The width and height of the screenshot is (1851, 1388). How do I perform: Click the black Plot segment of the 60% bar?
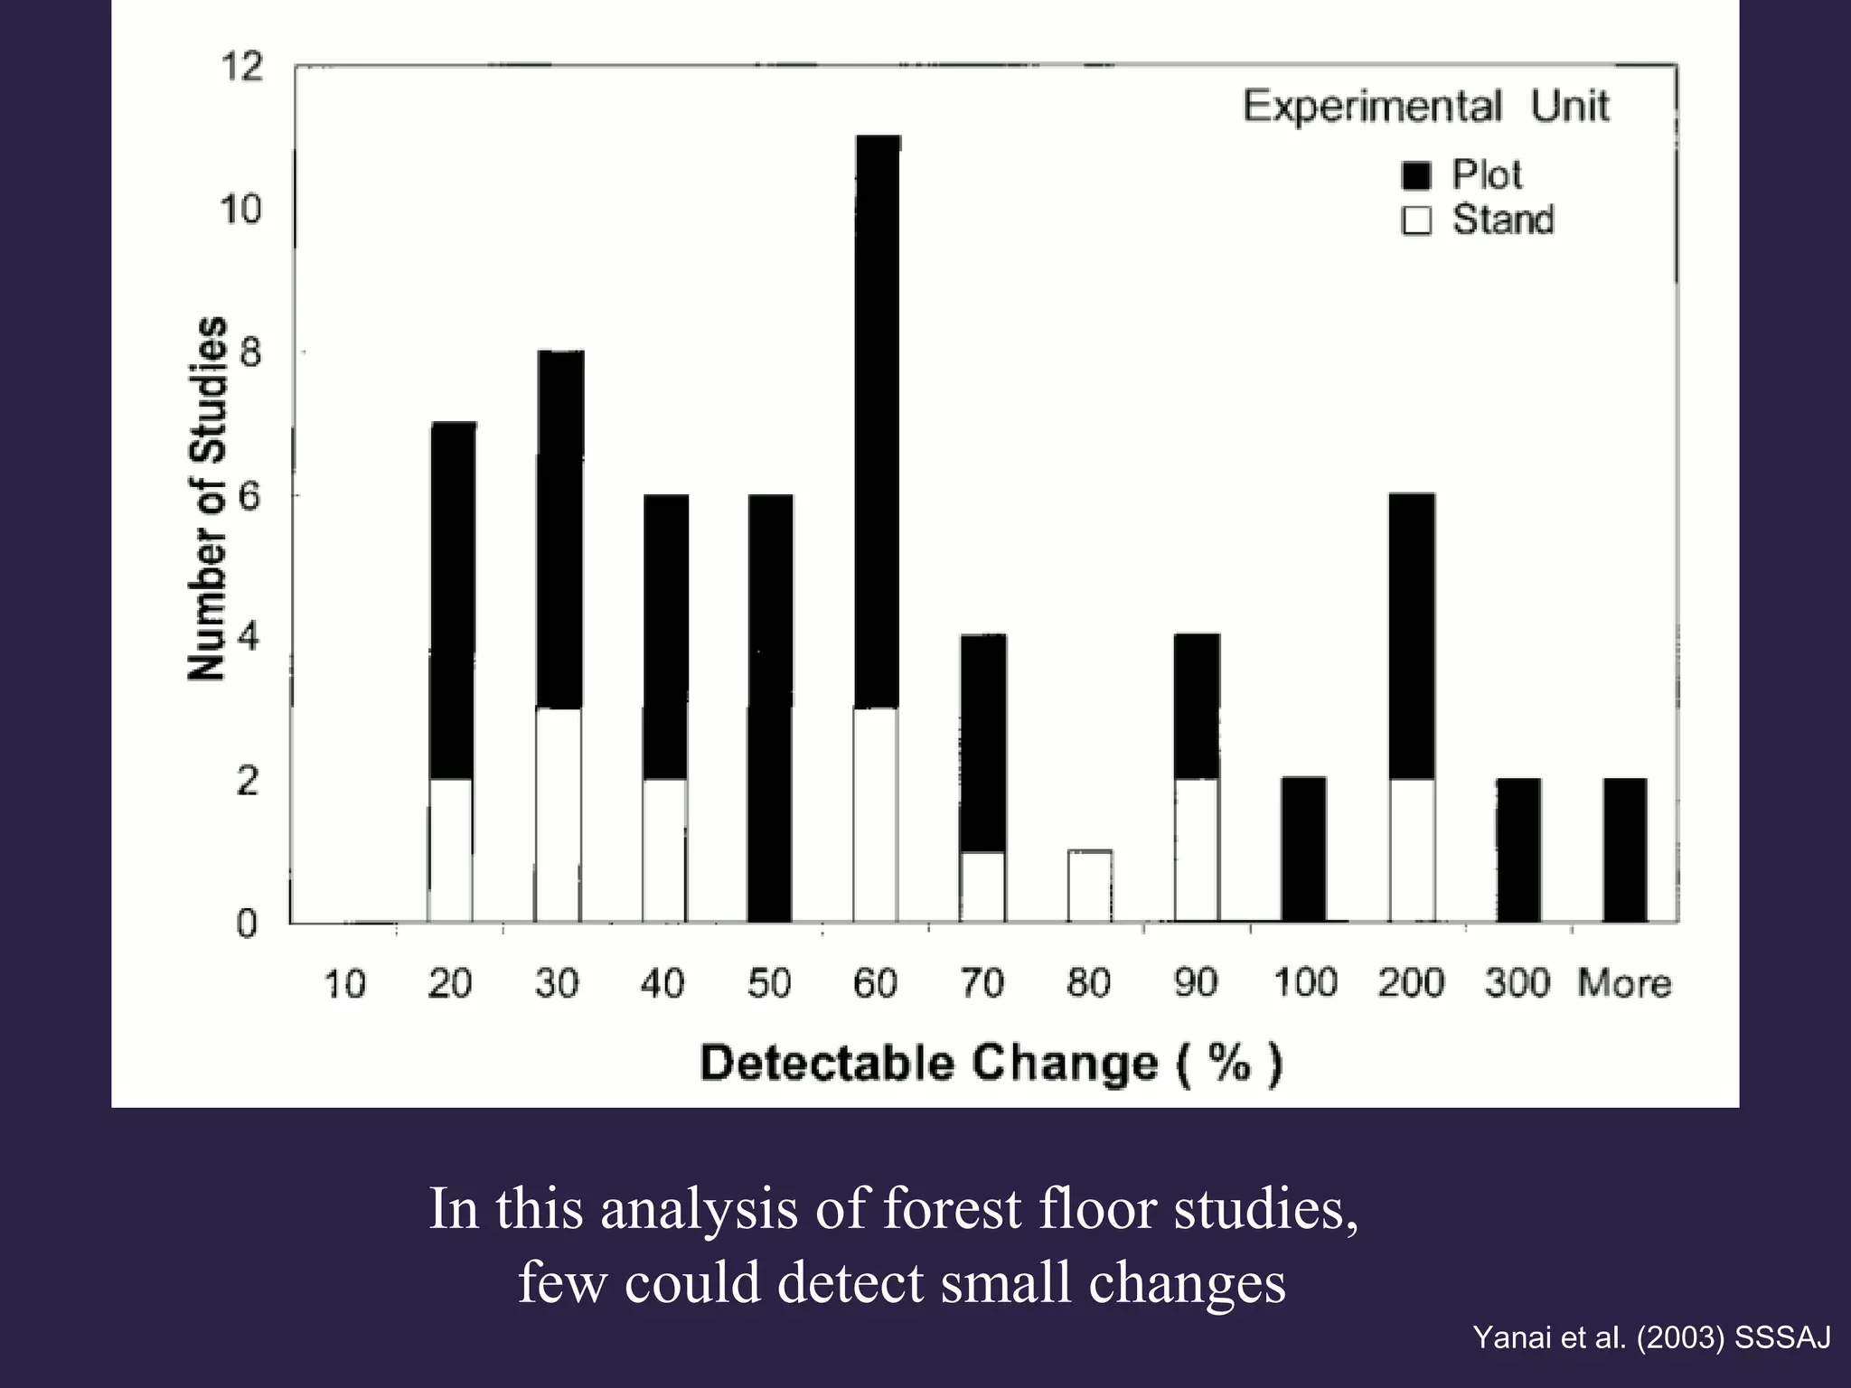(877, 420)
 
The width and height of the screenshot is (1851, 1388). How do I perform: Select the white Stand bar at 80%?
(1089, 886)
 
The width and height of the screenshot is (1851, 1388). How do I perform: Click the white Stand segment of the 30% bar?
(558, 814)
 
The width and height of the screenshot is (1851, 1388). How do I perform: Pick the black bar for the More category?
(1625, 849)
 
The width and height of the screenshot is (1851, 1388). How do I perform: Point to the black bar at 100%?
(1303, 849)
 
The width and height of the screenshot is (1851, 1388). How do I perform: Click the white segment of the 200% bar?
(1412, 849)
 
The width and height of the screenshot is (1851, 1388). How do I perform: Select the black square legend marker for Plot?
(1416, 175)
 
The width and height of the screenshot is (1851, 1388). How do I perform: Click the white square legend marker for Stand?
(1416, 220)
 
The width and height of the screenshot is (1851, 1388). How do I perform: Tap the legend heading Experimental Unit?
(1425, 107)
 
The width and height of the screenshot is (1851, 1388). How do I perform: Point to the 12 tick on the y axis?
(240, 67)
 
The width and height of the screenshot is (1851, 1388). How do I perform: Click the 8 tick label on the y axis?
(249, 352)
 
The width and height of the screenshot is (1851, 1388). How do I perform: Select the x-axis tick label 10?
(344, 983)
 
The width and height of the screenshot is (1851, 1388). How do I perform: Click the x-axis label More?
(1624, 983)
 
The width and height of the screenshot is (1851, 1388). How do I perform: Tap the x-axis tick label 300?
(1517, 983)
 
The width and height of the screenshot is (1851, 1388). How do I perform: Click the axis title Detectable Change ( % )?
(991, 1063)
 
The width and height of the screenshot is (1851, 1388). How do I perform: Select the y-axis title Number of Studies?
(207, 499)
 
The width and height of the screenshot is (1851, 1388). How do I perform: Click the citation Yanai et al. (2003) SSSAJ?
(1651, 1337)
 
